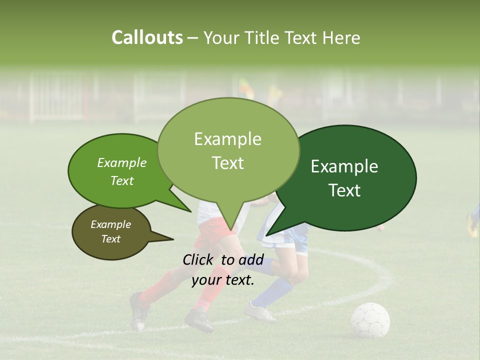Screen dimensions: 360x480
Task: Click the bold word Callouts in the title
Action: click(147, 37)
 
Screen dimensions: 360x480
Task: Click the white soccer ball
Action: click(370, 320)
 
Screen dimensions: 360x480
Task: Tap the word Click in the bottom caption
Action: click(199, 259)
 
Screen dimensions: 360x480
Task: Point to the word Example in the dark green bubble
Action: click(344, 166)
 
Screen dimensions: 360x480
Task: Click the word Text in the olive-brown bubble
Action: click(111, 239)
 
